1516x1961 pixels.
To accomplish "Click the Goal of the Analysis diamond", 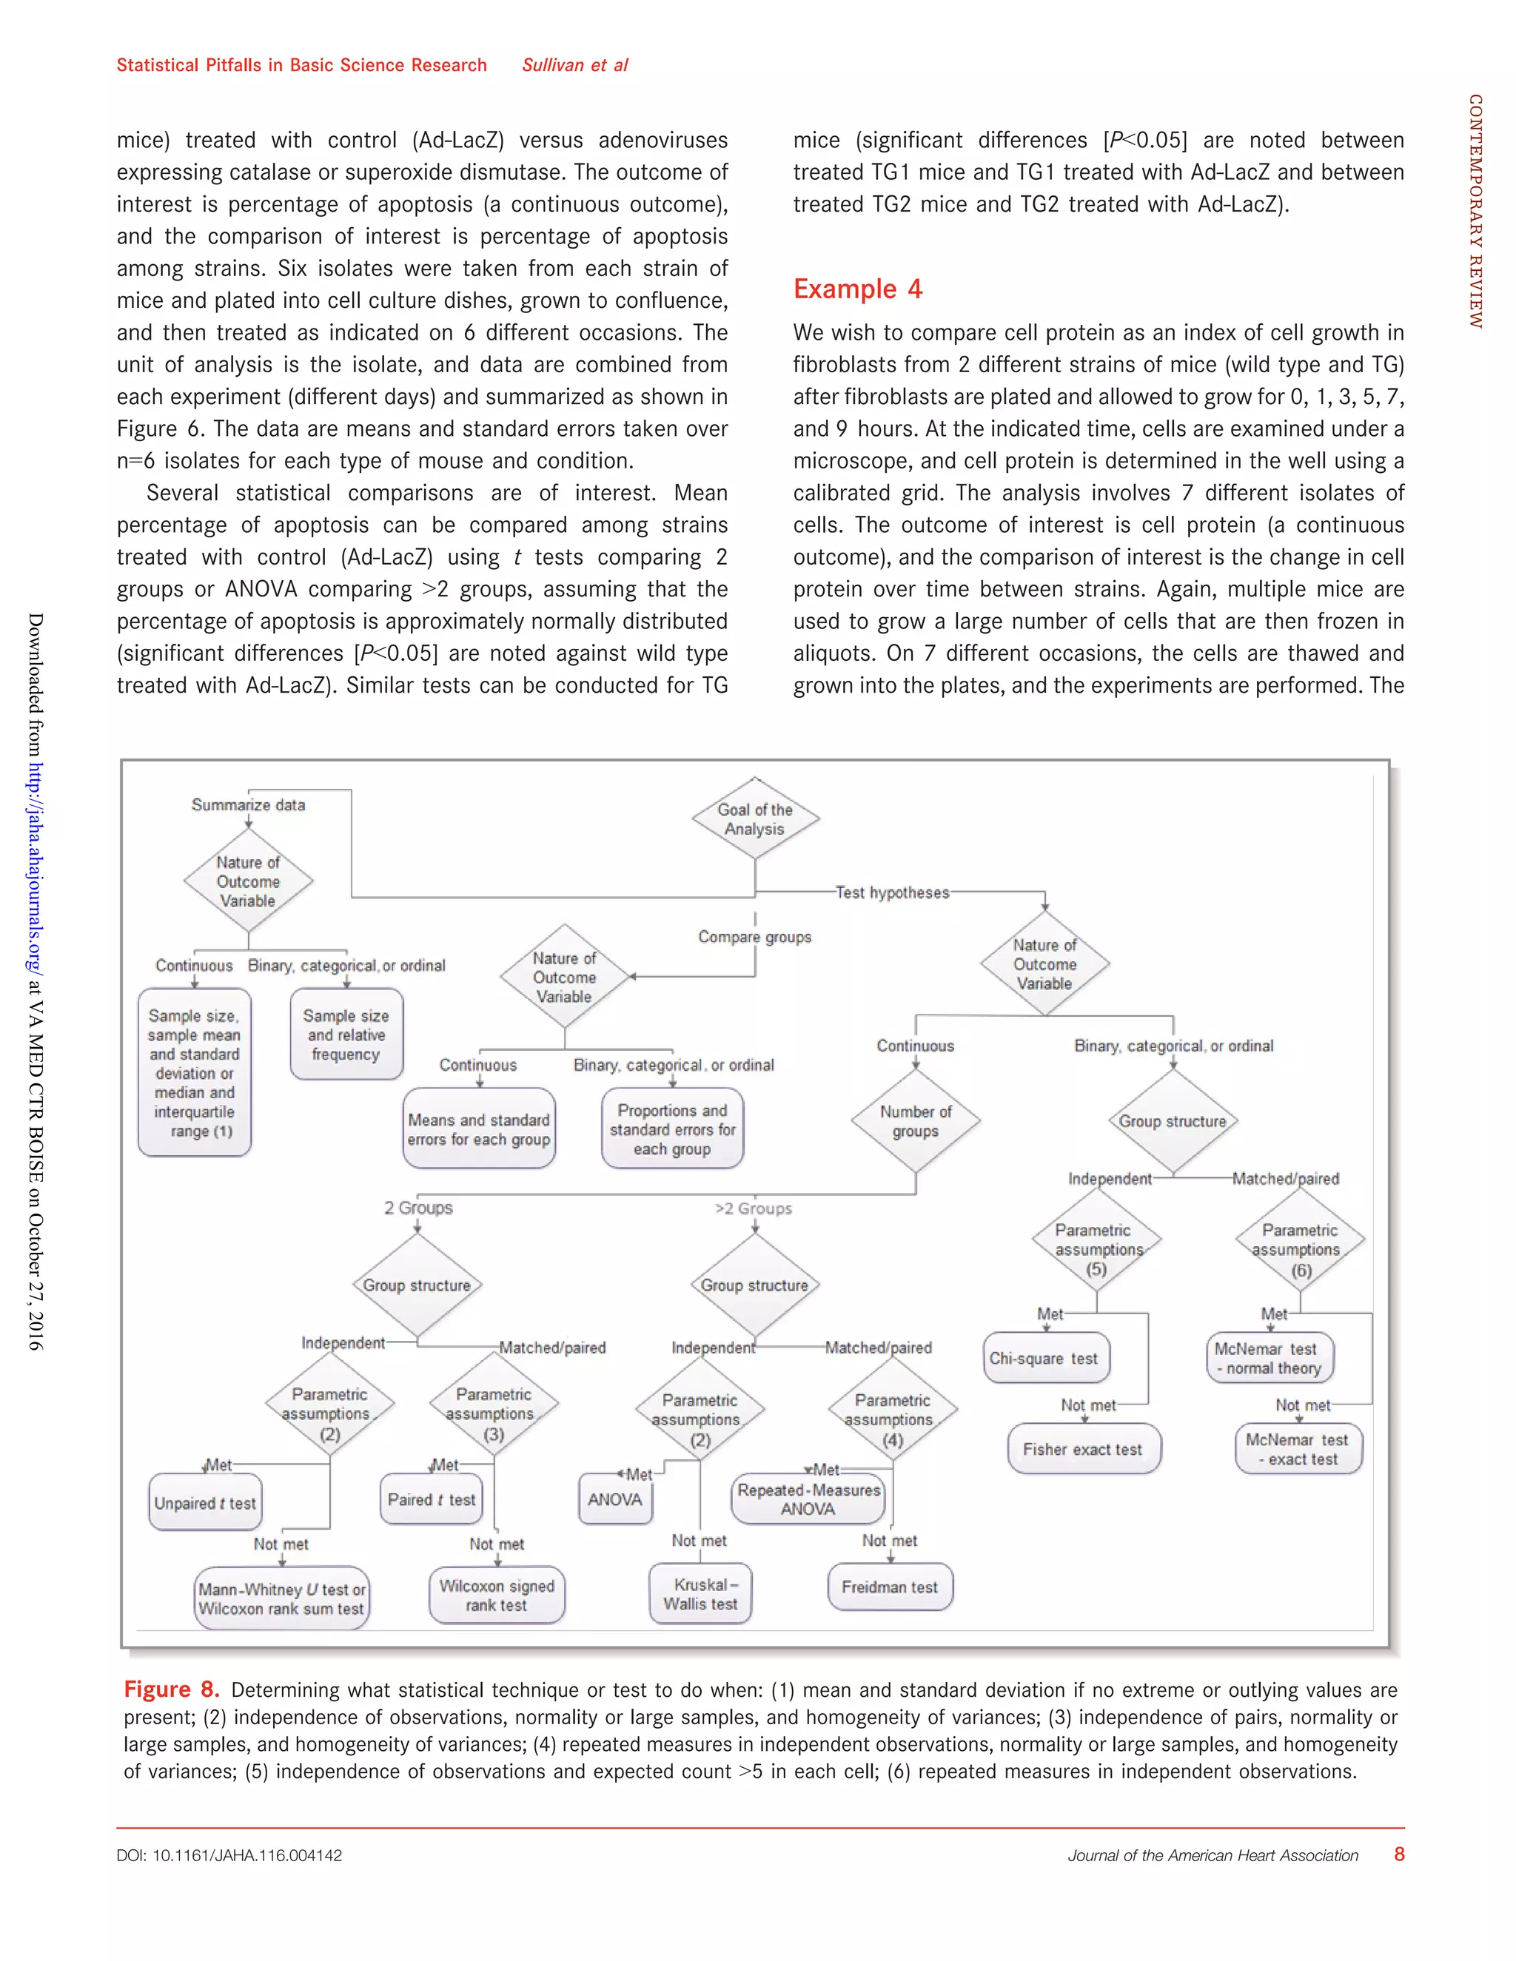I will tap(754, 819).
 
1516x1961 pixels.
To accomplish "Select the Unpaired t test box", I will tap(206, 1503).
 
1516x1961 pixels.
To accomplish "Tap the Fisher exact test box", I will tap(1083, 1449).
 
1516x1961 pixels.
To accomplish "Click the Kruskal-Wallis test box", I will tap(700, 1594).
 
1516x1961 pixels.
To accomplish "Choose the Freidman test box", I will tap(890, 1587).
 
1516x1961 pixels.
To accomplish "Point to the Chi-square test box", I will tap(1045, 1359).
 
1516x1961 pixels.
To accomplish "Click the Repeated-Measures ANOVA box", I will tap(808, 1498).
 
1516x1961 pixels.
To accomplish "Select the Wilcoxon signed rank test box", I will tap(497, 1595).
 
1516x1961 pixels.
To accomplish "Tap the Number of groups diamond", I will tap(915, 1120).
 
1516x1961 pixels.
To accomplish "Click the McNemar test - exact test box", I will tap(1298, 1449).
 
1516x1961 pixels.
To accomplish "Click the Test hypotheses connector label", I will tap(892, 892).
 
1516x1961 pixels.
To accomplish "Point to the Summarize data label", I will tap(248, 804).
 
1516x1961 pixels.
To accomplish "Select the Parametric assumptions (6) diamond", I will tap(1300, 1248).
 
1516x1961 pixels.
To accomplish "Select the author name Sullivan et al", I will tap(574, 64).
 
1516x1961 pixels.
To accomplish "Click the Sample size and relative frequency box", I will tap(346, 1035).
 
